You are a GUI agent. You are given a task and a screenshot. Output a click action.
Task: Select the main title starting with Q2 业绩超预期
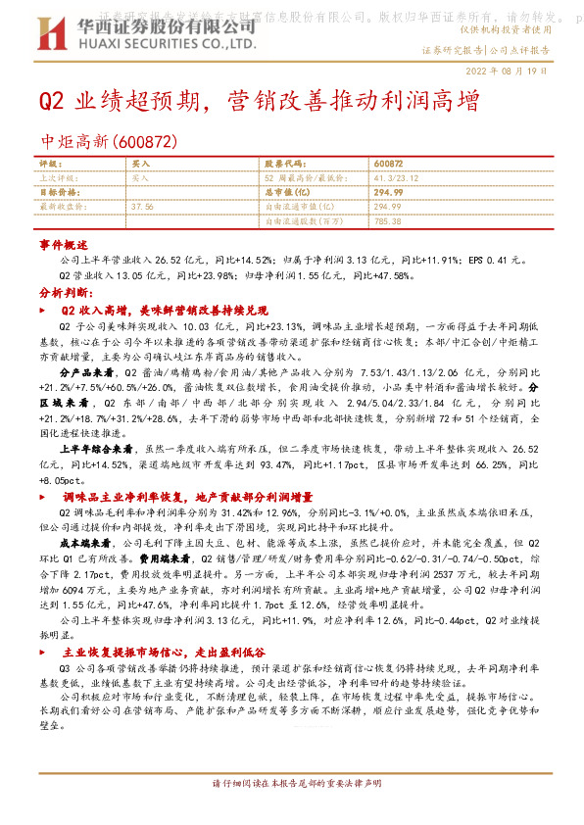point(259,103)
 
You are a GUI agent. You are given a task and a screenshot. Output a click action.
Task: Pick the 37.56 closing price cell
point(143,208)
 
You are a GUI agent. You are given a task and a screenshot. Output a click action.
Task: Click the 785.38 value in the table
point(388,221)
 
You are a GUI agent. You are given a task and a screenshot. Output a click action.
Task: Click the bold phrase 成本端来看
point(82,543)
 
